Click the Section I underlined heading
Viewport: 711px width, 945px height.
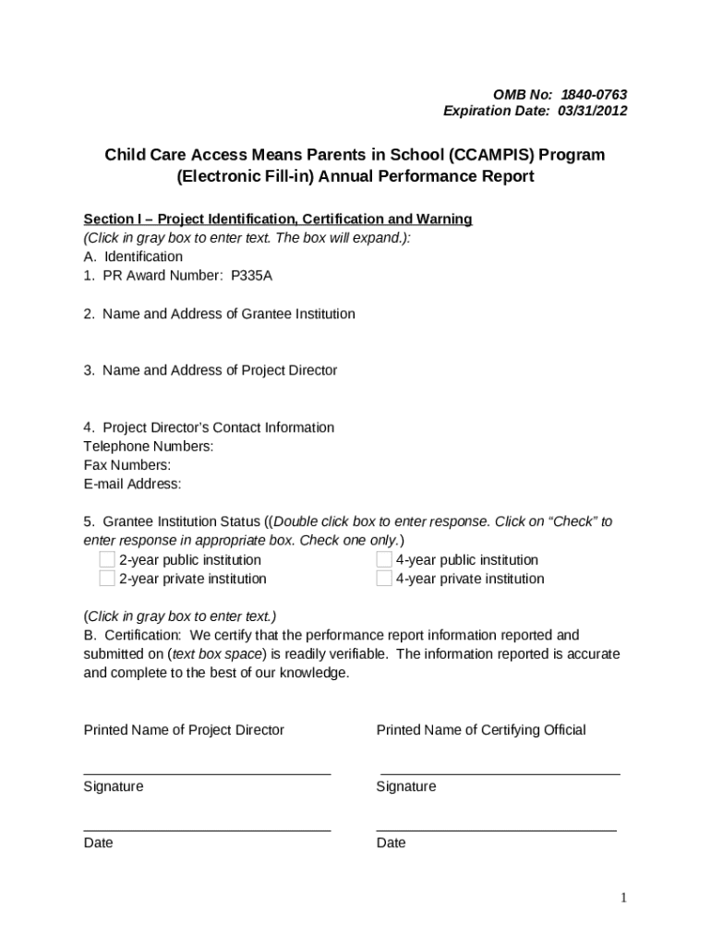click(x=278, y=219)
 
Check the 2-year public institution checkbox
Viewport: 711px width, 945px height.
click(x=107, y=559)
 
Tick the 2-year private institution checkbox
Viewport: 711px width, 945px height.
click(x=107, y=579)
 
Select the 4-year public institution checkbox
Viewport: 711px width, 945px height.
click(x=384, y=559)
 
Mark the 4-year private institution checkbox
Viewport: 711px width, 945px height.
click(x=384, y=579)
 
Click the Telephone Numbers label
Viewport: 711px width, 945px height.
click(x=149, y=447)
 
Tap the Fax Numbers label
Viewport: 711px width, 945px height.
click(x=127, y=465)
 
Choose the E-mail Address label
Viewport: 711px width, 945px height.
click(x=132, y=484)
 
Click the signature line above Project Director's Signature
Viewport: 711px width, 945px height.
click(x=207, y=774)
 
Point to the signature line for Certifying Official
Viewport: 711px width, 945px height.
click(x=500, y=774)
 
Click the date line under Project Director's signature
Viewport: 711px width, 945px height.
click(x=207, y=831)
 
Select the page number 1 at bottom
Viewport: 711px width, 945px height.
click(x=624, y=898)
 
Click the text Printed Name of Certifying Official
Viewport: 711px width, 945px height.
click(x=480, y=730)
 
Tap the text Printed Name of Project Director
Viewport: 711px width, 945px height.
click(x=184, y=730)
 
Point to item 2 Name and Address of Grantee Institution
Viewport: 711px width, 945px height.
click(x=219, y=314)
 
